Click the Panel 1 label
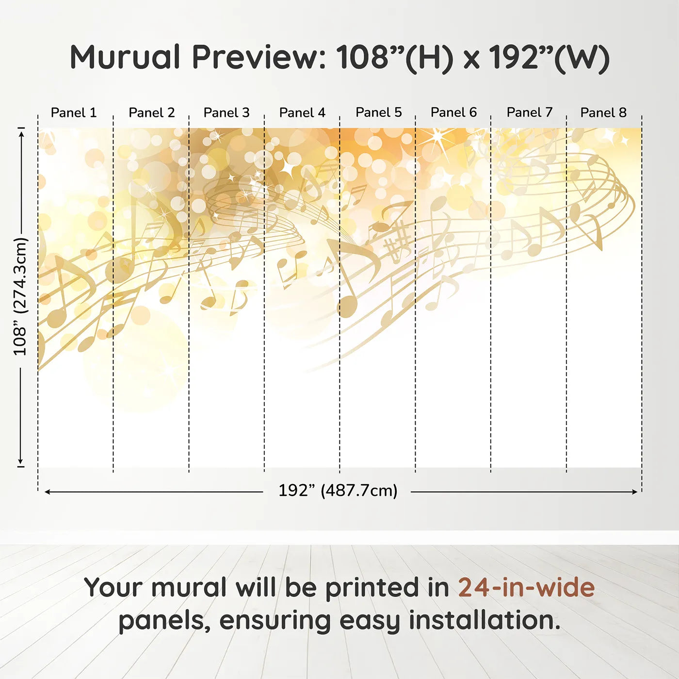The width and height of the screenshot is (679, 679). click(x=74, y=113)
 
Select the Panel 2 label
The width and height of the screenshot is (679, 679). click(x=151, y=113)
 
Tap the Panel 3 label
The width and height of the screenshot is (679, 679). click(x=226, y=113)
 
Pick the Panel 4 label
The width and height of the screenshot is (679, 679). click(x=302, y=113)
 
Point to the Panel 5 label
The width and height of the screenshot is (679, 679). click(x=378, y=113)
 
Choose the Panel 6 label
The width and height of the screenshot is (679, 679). click(x=453, y=113)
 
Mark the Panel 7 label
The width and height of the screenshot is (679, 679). click(x=529, y=113)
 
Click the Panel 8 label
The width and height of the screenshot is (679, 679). click(x=603, y=113)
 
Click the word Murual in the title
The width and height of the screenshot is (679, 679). click(x=125, y=57)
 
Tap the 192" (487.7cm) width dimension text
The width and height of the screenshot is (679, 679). click(x=338, y=491)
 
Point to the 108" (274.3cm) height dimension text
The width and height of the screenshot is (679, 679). click(x=20, y=296)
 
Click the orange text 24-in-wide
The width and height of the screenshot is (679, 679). click(x=526, y=587)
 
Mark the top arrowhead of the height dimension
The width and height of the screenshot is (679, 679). click(x=21, y=133)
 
